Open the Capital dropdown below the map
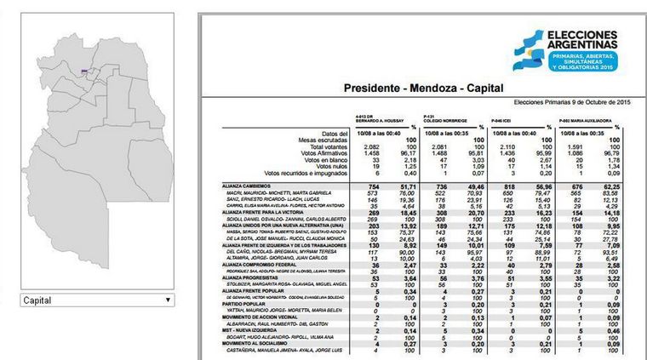tap(97, 300)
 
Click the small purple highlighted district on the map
tap(84, 71)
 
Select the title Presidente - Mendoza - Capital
tap(421, 89)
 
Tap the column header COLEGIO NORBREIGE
tap(445, 117)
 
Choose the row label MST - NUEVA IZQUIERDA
tap(250, 330)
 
